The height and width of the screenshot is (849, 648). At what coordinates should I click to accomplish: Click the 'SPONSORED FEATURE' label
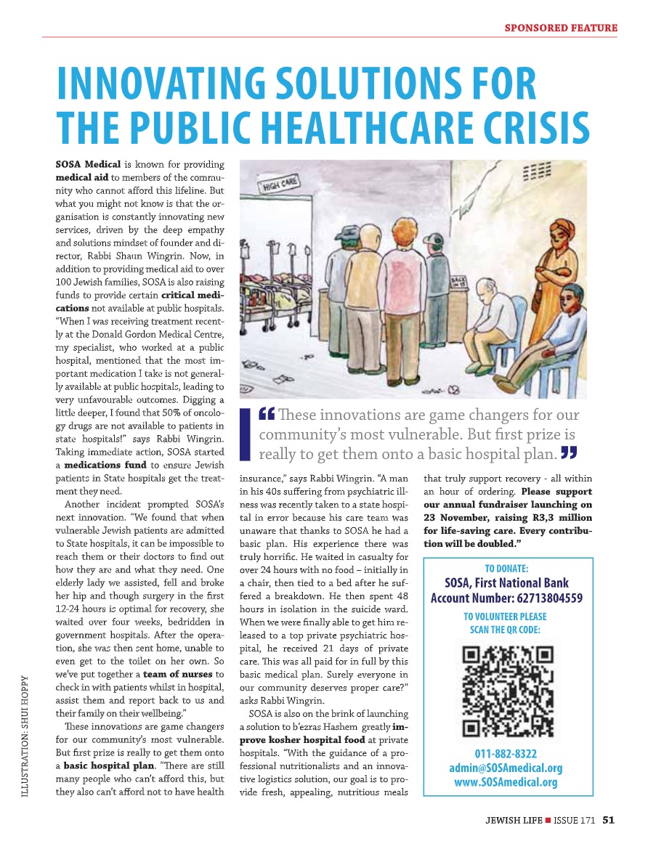coord(561,28)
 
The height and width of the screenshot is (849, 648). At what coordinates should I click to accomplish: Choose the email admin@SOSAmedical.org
coord(506,768)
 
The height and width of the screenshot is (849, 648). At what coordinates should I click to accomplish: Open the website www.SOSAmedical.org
coord(506,782)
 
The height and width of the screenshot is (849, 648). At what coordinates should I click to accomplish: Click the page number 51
coord(608,821)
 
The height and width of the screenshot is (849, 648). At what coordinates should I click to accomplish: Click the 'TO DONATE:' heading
coord(506,569)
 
